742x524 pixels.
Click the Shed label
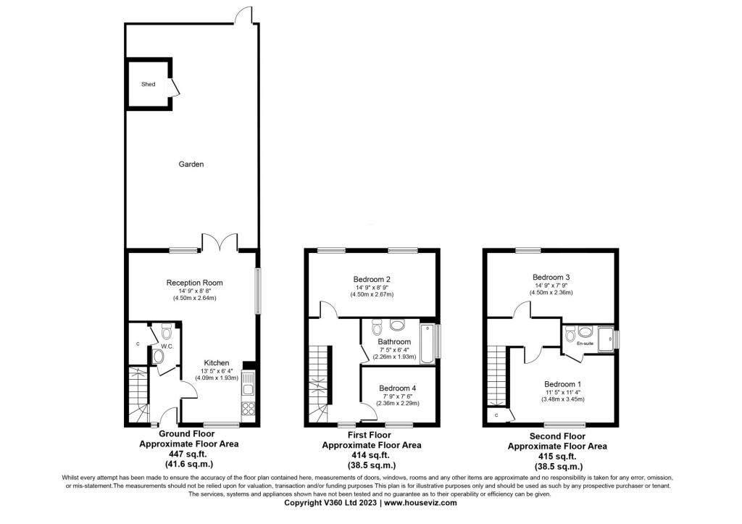click(148, 84)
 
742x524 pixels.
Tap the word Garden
click(191, 165)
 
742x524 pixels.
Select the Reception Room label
click(194, 283)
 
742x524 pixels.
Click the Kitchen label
click(216, 363)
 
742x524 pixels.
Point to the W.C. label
click(167, 346)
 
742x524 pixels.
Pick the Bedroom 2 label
click(372, 279)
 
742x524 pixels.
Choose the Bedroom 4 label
click(398, 388)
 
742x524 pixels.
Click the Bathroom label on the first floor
click(394, 341)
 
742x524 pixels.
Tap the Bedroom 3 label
click(551, 278)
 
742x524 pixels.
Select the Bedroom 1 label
click(562, 384)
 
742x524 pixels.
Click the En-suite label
click(585, 344)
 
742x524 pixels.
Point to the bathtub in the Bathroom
click(428, 344)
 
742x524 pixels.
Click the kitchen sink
click(248, 384)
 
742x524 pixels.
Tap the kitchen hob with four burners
click(248, 409)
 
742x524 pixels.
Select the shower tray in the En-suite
click(604, 338)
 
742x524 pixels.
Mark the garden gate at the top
click(244, 14)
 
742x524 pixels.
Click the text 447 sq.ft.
click(189, 454)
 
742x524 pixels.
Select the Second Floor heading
click(557, 436)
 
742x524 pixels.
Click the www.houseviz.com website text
click(420, 503)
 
